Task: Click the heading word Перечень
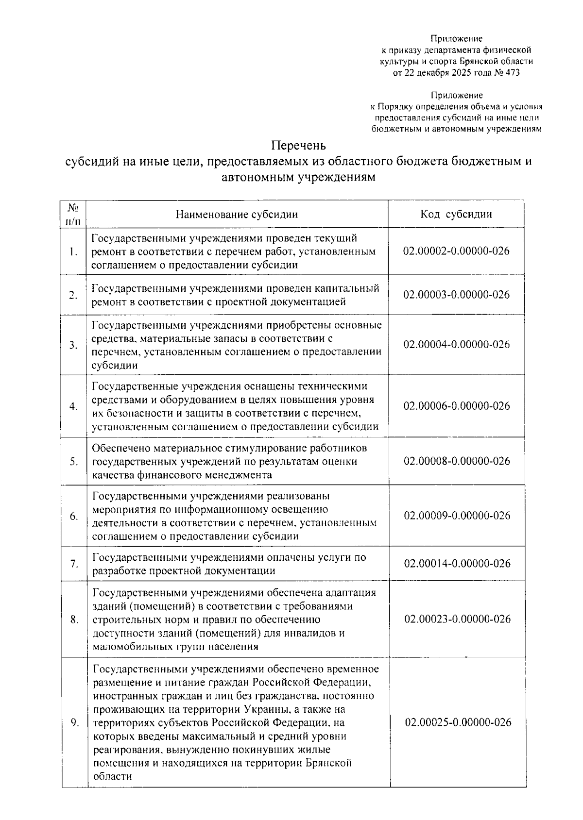(298, 146)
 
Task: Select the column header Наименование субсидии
(237, 214)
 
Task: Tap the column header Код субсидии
(456, 214)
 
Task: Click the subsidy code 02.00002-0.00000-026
(456, 251)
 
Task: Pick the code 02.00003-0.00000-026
(456, 295)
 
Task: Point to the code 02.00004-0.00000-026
(456, 344)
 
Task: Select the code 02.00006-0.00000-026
(456, 406)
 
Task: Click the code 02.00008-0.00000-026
(456, 461)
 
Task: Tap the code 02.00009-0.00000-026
(456, 515)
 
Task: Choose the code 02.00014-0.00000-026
(456, 563)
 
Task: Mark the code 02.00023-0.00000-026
(456, 619)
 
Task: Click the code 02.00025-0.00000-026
(457, 722)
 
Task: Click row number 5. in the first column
(74, 461)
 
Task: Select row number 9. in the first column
(75, 722)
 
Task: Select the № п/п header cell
(74, 214)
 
